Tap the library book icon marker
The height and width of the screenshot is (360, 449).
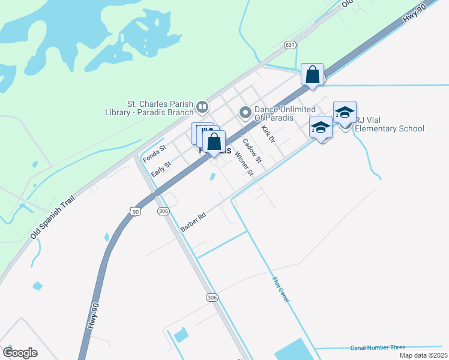point(202,107)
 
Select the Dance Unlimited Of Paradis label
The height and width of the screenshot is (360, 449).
point(274,113)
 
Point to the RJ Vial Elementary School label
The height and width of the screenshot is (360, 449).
point(389,124)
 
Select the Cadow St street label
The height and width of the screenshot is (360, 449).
point(252,150)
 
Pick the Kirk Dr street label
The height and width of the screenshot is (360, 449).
point(268,134)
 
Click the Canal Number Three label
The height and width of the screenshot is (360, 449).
point(378,347)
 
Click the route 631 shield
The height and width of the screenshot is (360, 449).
point(290,45)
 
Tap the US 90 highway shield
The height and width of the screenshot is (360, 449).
point(136,211)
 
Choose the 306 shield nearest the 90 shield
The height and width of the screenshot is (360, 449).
point(163,211)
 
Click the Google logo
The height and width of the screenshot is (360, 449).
point(20,352)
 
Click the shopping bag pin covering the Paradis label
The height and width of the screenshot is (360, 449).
point(213,143)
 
